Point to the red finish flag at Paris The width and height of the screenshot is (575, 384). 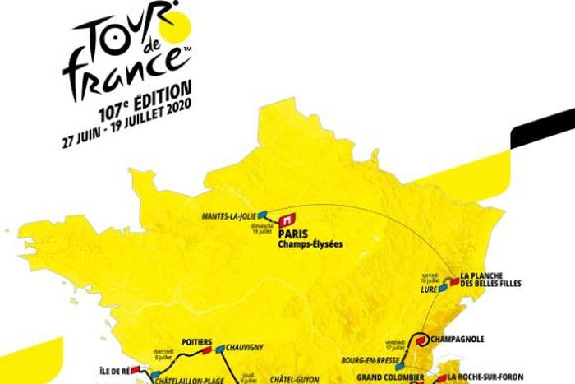(x=287, y=220)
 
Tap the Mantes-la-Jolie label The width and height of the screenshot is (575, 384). (x=229, y=216)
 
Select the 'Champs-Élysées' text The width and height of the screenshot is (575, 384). (x=310, y=244)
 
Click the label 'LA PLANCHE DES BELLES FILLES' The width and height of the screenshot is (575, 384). (x=490, y=280)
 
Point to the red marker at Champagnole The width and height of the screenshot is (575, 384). (x=421, y=338)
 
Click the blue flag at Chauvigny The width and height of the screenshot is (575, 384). (x=220, y=349)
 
